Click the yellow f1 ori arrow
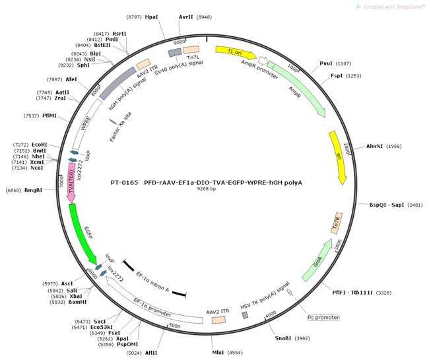pyautogui.click(x=236, y=52)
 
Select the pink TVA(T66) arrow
pyautogui.click(x=71, y=183)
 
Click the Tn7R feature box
pyautogui.click(x=337, y=223)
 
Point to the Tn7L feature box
pyautogui.click(x=191, y=50)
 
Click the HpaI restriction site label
pyautogui.click(x=152, y=17)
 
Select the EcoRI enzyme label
pyautogui.click(x=40, y=145)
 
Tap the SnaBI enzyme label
pyautogui.click(x=283, y=338)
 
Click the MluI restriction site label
pyautogui.click(x=218, y=352)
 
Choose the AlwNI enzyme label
pyautogui.click(x=374, y=146)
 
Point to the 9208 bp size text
pyautogui.click(x=207, y=189)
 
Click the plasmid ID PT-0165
pyautogui.click(x=125, y=182)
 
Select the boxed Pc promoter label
pyautogui.click(x=323, y=318)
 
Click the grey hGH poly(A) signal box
pyautogui.click(x=118, y=83)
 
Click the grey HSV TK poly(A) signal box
pyautogui.click(x=245, y=315)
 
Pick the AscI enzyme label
pyautogui.click(x=67, y=283)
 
